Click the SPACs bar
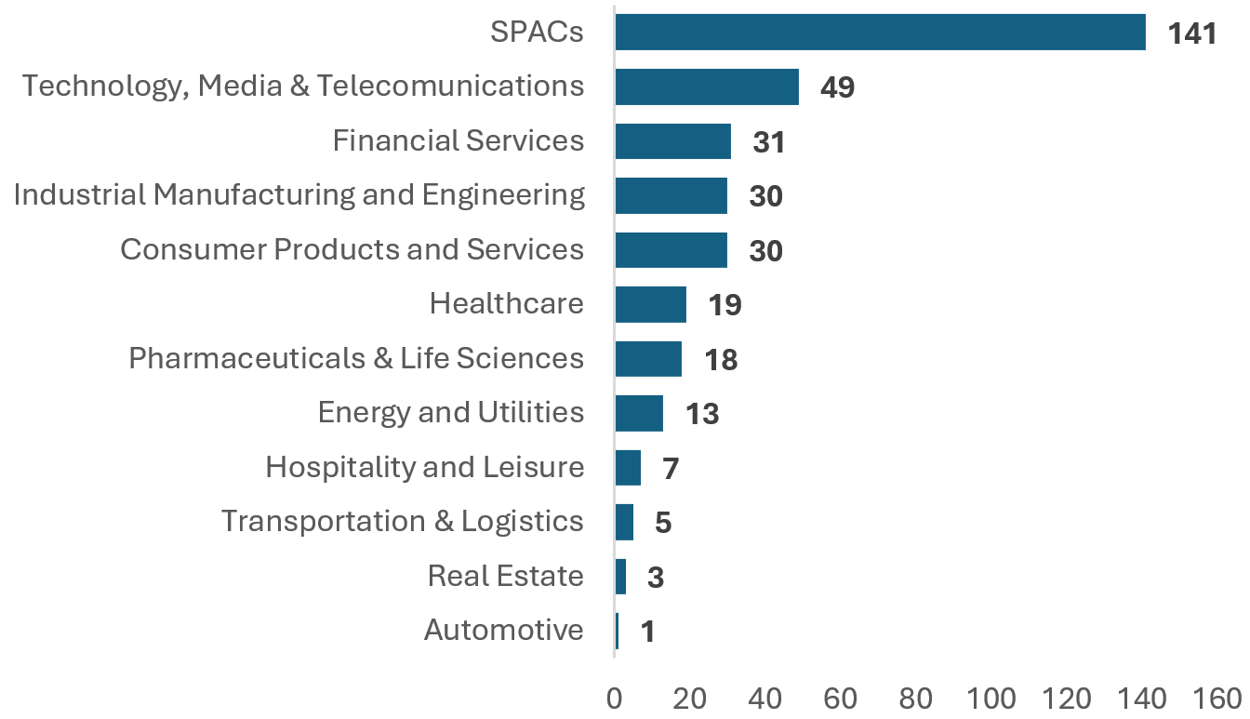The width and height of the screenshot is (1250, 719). coord(880,33)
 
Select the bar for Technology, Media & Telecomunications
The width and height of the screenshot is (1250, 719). coord(707,87)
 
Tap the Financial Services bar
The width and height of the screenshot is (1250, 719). coord(672,141)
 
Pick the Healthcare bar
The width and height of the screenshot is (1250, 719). coord(650,304)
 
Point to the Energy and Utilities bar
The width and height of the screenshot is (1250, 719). coord(639,413)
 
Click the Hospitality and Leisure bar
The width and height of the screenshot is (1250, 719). coord(628,467)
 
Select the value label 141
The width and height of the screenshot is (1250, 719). coord(1192,34)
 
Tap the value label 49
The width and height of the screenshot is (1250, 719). coord(837,88)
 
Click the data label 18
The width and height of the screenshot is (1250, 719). coord(720,360)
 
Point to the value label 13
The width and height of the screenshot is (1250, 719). coord(702,415)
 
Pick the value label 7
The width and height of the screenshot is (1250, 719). coord(670,469)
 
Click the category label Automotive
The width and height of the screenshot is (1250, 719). coord(503,631)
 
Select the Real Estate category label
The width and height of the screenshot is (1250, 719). coord(505,577)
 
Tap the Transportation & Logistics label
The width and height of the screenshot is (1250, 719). coord(402,522)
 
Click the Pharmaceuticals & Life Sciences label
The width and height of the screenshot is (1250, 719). coord(356,359)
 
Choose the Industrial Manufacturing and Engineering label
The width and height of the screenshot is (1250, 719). coord(299,195)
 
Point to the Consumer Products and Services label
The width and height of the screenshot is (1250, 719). coord(352,250)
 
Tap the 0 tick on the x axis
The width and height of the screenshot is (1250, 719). coord(614,698)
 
